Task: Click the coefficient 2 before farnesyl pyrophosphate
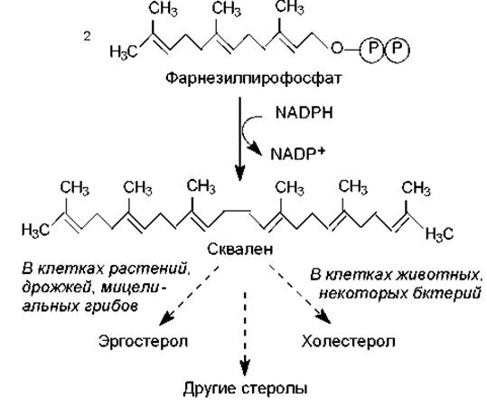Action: [x=87, y=36]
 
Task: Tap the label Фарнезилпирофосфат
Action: [x=253, y=79]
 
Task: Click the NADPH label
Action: [x=304, y=112]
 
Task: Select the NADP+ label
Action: [x=297, y=154]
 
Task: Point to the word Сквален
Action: [x=240, y=249]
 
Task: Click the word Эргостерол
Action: [x=143, y=341]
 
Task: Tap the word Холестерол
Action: [x=349, y=341]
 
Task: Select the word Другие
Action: [x=209, y=389]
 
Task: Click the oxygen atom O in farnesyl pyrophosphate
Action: [x=337, y=49]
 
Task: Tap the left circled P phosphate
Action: [x=372, y=49]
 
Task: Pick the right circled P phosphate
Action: [x=398, y=49]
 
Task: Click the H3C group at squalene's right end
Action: [x=439, y=234]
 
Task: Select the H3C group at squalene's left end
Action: [x=36, y=231]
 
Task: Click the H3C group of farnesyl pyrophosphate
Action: [x=124, y=52]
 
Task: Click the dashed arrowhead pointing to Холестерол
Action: [x=323, y=317]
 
